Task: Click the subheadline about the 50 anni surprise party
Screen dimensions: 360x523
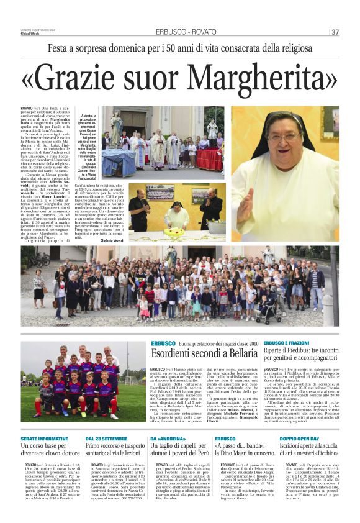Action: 179,48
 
